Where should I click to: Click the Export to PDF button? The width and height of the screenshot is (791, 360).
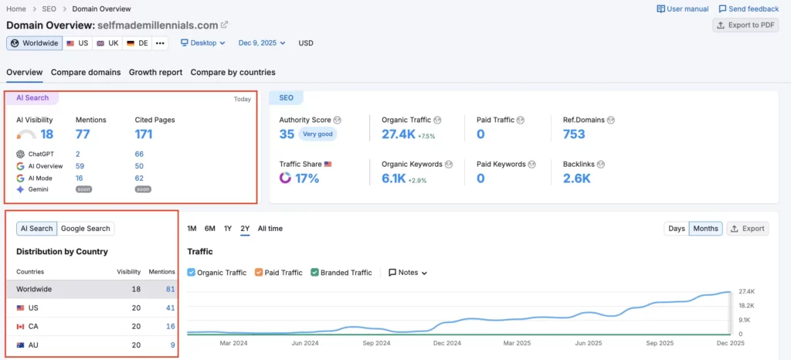pyautogui.click(x=745, y=25)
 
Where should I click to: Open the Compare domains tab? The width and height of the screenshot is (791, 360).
pyautogui.click(x=86, y=73)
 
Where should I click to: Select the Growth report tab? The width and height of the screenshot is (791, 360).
pyautogui.click(x=155, y=73)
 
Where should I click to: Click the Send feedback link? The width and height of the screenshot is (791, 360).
pyautogui.click(x=749, y=8)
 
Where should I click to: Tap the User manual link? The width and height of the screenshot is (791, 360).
pyautogui.click(x=682, y=8)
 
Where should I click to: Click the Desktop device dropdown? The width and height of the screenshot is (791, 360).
pyautogui.click(x=203, y=43)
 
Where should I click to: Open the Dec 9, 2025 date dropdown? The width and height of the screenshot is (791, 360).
pyautogui.click(x=262, y=43)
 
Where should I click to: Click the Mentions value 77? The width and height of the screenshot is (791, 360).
pyautogui.click(x=83, y=134)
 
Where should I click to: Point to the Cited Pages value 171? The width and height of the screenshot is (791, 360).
pyautogui.click(x=143, y=134)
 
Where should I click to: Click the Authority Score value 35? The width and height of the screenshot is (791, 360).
pyautogui.click(x=287, y=134)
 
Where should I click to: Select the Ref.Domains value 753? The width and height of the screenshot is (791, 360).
pyautogui.click(x=574, y=134)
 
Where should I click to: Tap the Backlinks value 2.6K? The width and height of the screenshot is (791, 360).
pyautogui.click(x=577, y=178)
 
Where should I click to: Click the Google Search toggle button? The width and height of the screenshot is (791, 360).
pyautogui.click(x=87, y=229)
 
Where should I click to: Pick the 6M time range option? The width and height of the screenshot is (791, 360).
pyautogui.click(x=210, y=229)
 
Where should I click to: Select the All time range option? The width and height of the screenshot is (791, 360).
pyautogui.click(x=270, y=229)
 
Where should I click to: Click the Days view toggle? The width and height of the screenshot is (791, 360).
pyautogui.click(x=677, y=229)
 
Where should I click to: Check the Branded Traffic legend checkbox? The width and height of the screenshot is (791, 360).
pyautogui.click(x=315, y=273)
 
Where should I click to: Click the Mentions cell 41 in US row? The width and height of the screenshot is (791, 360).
pyautogui.click(x=170, y=307)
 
